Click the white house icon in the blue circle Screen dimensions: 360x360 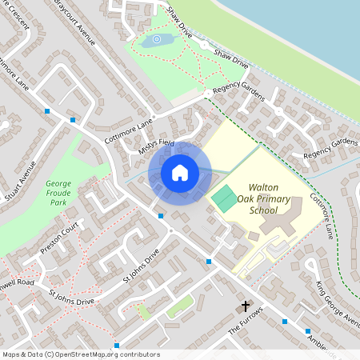coord(179,172)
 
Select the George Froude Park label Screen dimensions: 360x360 coord(58,194)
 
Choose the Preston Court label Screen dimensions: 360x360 coord(61,239)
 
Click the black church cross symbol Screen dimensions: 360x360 coord(245,306)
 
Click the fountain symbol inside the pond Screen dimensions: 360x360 coord(157,39)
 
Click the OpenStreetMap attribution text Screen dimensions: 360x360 coord(80,354)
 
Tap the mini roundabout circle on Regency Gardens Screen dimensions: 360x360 coord(207,94)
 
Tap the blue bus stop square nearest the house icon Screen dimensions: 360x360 coord(161,216)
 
